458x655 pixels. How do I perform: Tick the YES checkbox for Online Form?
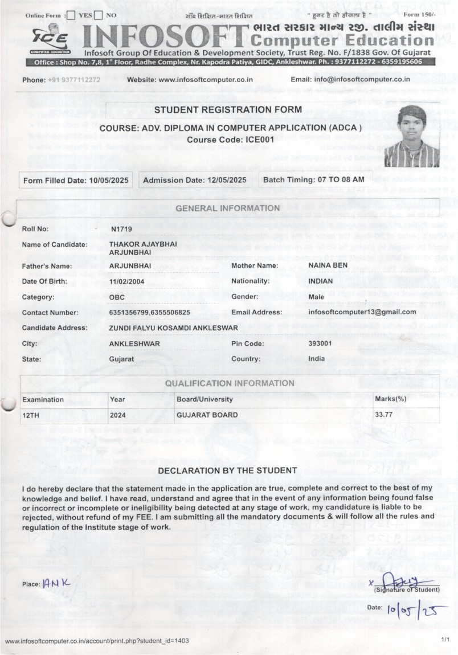pyautogui.click(x=71, y=15)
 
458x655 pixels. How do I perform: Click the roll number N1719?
pyautogui.click(x=121, y=229)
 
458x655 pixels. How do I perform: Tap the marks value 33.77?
pyautogui.click(x=383, y=415)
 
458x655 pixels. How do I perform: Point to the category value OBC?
pyautogui.click(x=117, y=297)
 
